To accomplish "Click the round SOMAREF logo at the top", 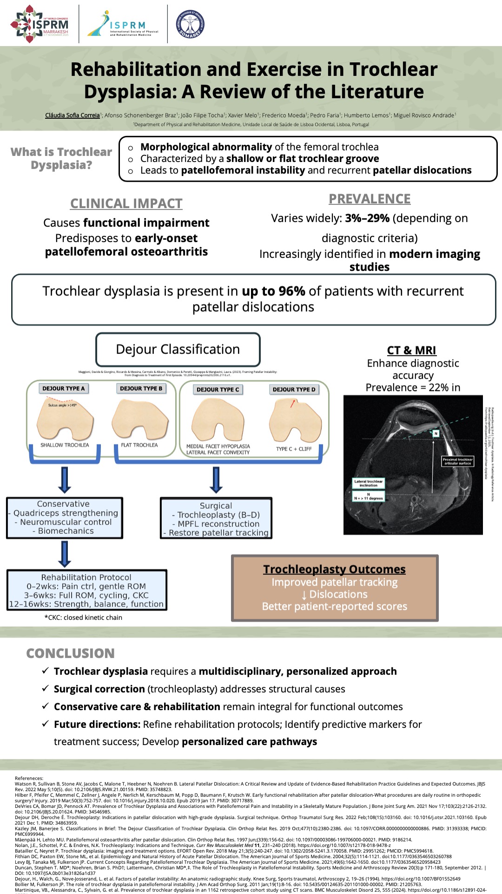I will (x=190, y=23).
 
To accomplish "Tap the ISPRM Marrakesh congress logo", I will (x=40, y=24).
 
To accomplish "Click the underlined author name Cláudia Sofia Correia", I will (x=72, y=115).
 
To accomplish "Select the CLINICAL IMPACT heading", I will (x=126, y=203).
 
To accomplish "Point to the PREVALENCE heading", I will (x=370, y=199).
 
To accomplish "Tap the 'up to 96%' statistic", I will (x=273, y=291).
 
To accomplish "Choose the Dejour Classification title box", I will (x=178, y=350).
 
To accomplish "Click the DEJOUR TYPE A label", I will (x=64, y=388).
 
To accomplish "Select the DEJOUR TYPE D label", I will (x=294, y=389).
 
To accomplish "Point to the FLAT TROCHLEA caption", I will (x=139, y=445).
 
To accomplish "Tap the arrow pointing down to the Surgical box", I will (x=216, y=480).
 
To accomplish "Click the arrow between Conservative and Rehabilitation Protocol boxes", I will (x=65, y=554).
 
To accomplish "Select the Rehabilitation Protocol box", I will (x=86, y=591).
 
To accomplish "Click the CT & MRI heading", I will (x=411, y=350).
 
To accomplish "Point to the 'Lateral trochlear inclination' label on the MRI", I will (x=368, y=483).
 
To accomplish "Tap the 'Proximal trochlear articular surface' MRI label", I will (x=457, y=461).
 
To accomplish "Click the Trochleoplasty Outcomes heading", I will (x=334, y=569).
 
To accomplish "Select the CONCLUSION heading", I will (x=70, y=653).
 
